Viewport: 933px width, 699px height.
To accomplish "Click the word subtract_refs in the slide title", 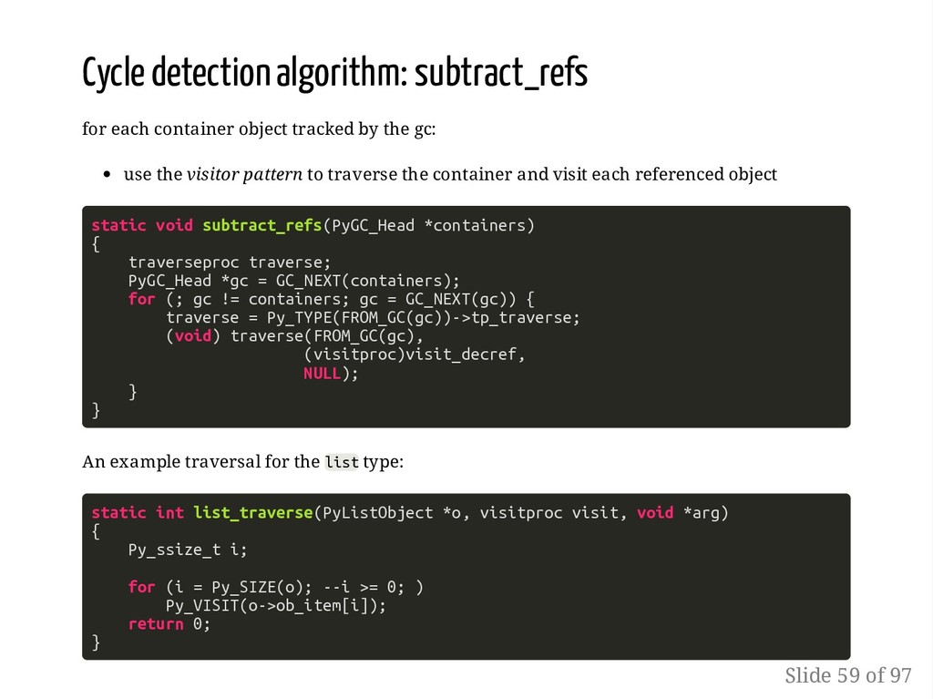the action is pyautogui.click(x=500, y=74).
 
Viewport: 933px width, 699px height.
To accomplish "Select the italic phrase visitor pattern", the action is pyautogui.click(x=244, y=174).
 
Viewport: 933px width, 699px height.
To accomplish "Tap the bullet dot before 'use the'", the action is pyautogui.click(x=108, y=175).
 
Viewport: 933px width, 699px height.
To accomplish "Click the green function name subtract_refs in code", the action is pyautogui.click(x=261, y=225).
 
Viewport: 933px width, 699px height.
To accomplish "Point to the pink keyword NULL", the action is pyautogui.click(x=322, y=373).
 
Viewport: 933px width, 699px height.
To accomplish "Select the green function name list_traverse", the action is pyautogui.click(x=252, y=513).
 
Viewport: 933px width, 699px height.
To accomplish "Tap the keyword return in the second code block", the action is pyautogui.click(x=156, y=624).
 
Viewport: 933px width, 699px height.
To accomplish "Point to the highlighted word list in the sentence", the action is pyautogui.click(x=342, y=462).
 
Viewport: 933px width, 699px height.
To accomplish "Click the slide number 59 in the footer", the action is pyautogui.click(x=848, y=675).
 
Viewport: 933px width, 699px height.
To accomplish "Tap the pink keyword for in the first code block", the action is pyautogui.click(x=141, y=299).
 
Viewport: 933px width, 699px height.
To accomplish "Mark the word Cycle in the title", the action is pyautogui.click(x=113, y=74).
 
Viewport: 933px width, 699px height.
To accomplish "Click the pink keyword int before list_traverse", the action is pyautogui.click(x=169, y=513).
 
